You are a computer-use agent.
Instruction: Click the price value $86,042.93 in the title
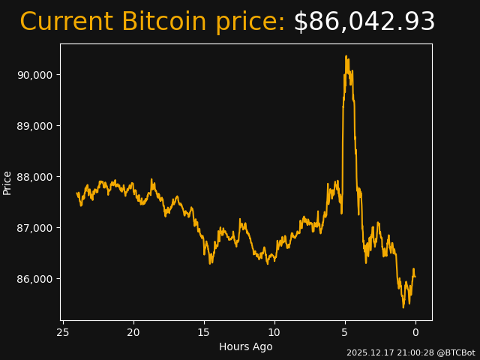(364, 22)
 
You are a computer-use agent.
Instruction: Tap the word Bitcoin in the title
(164, 22)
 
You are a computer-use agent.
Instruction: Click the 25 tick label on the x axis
(63, 333)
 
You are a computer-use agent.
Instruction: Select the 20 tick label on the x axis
(133, 333)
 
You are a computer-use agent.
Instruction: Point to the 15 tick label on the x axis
(204, 333)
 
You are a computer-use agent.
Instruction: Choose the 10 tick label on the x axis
(274, 333)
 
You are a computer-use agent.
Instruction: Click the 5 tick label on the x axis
(345, 333)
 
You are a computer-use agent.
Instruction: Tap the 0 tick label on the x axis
(415, 333)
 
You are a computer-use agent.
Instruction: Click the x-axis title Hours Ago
(246, 346)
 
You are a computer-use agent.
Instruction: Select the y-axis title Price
(7, 182)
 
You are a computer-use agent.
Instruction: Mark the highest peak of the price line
(346, 56)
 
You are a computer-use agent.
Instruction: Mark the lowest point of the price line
(403, 307)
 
